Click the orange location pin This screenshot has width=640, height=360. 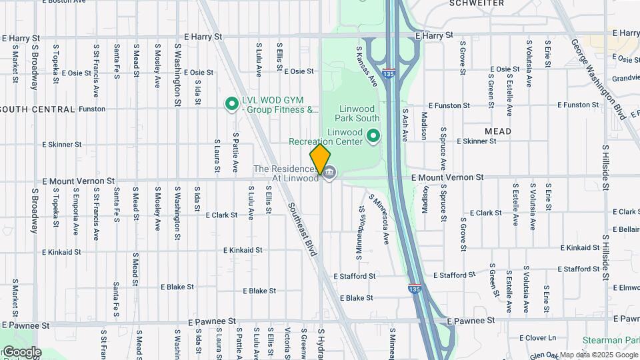click(320, 159)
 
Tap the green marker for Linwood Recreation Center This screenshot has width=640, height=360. click(373, 136)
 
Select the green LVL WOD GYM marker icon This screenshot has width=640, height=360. click(232, 103)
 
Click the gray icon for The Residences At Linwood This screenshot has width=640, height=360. click(329, 173)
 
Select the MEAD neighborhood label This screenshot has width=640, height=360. click(498, 131)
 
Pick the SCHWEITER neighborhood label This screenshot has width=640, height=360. click(477, 3)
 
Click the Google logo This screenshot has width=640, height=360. click(21, 352)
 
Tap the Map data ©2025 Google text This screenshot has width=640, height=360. click(598, 355)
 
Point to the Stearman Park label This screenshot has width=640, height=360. click(611, 340)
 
